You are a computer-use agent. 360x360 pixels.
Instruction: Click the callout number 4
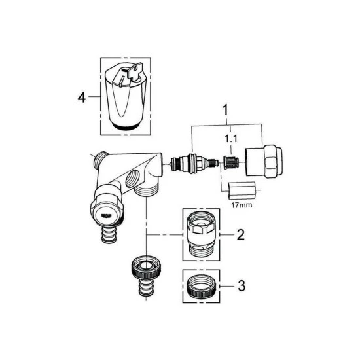(x=81, y=98)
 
